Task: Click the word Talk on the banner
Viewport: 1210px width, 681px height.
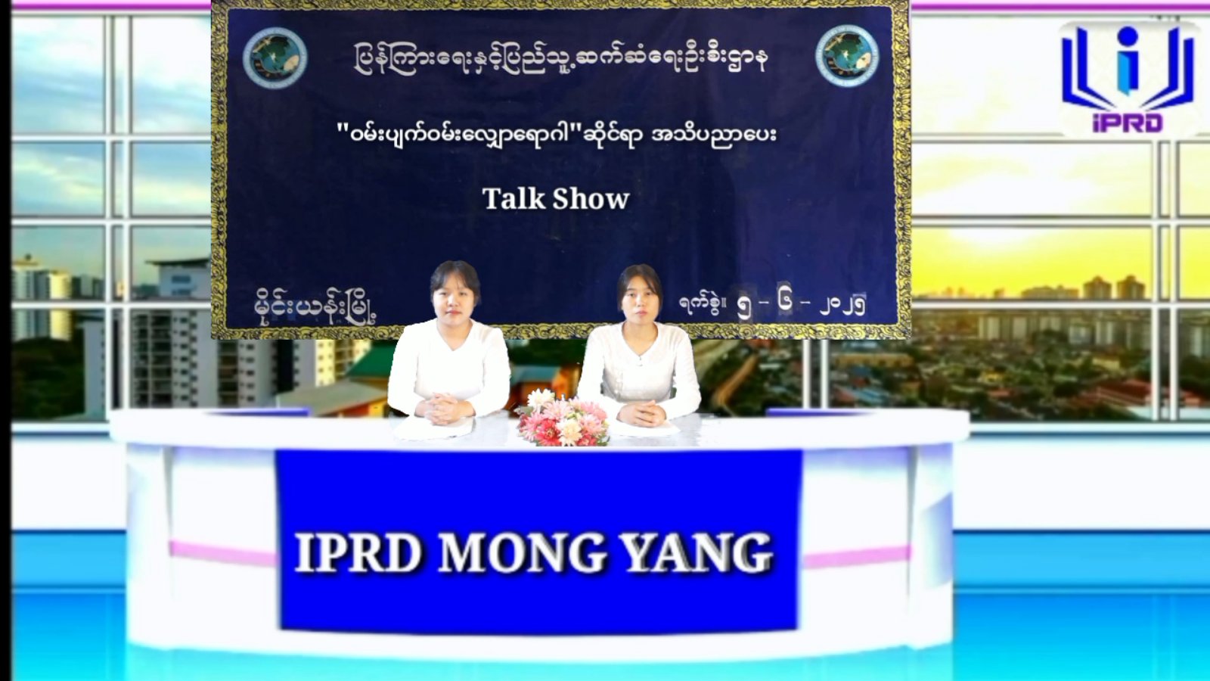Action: (513, 198)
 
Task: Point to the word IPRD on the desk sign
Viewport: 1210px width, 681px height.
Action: (358, 553)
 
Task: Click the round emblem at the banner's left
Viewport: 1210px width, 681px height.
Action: (275, 58)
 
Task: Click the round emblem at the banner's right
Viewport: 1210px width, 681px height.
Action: (846, 56)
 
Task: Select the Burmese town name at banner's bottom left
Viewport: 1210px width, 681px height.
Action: (315, 308)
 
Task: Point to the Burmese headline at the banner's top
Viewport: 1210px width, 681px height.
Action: (560, 58)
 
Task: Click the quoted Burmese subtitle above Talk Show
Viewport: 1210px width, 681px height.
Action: (557, 134)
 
